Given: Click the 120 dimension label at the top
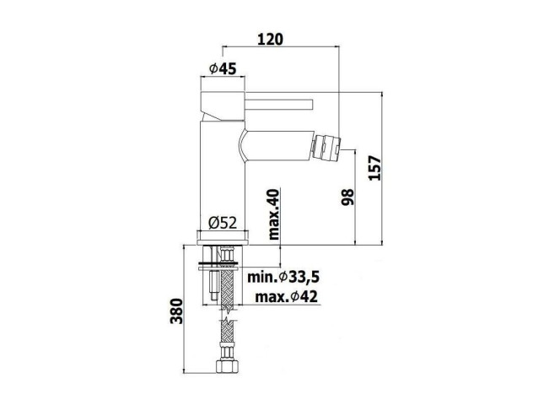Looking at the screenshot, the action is (x=271, y=39).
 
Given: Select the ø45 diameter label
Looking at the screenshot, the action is (x=223, y=68).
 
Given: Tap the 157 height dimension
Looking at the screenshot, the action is (x=374, y=168).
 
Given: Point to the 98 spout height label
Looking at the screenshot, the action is (x=347, y=197).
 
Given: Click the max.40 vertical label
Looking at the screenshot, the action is (x=274, y=214).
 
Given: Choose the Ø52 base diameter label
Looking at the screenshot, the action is (x=223, y=223).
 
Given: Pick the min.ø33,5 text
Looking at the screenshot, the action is (x=283, y=277).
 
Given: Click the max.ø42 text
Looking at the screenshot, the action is (x=287, y=296).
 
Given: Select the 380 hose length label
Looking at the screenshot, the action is (x=176, y=311).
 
